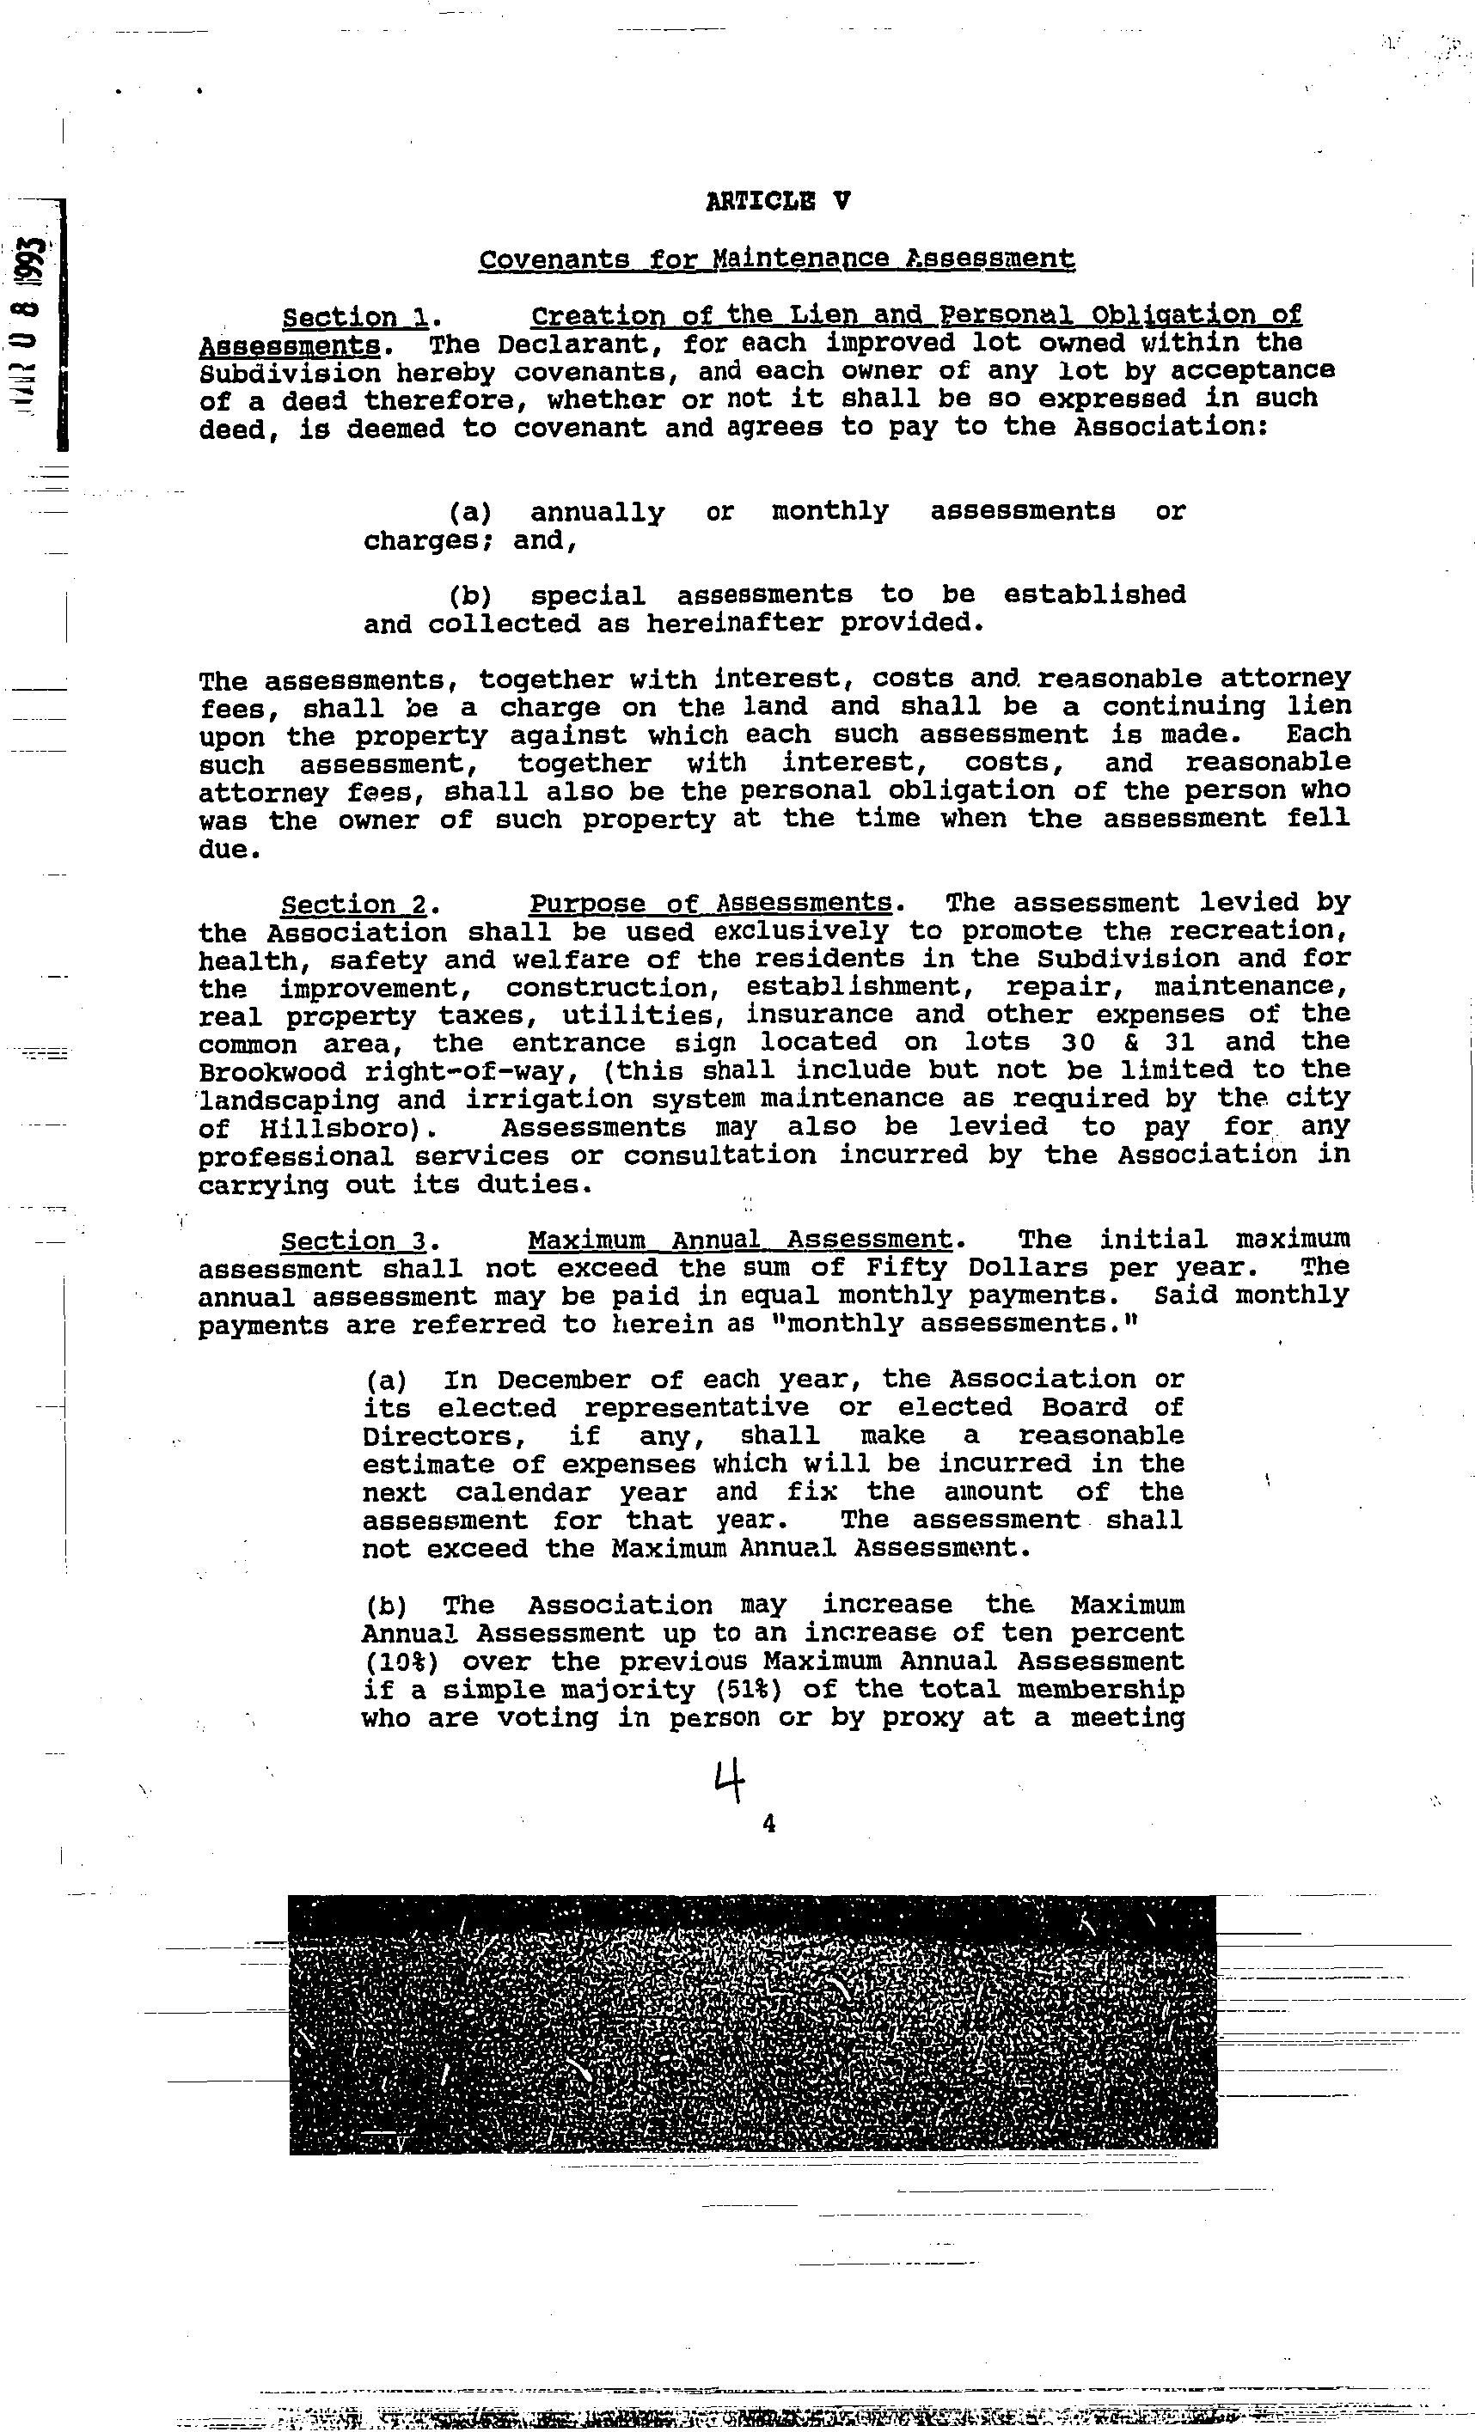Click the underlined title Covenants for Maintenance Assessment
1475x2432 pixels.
coord(776,259)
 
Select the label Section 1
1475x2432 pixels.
coord(355,318)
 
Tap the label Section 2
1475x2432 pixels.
coord(354,904)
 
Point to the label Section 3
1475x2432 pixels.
coord(354,1240)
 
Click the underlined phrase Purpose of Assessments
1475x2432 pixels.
coord(711,904)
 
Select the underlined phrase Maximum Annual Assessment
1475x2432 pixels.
coord(740,1240)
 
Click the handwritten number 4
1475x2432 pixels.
coord(729,1783)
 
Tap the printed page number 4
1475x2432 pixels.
coord(769,1824)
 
